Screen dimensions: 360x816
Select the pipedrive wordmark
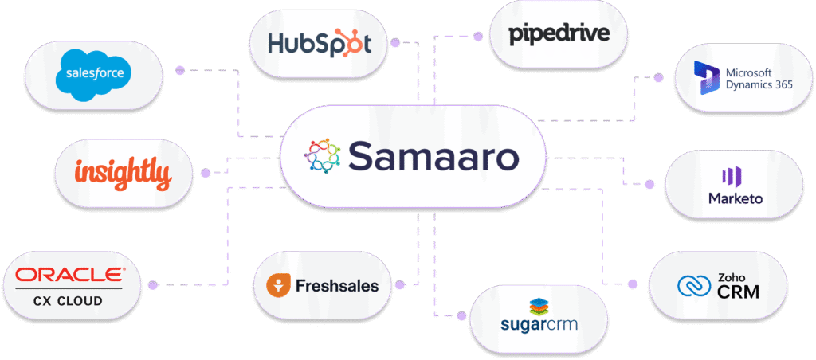tap(559, 33)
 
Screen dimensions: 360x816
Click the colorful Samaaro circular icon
tap(323, 155)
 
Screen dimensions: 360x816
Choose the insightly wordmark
tap(123, 172)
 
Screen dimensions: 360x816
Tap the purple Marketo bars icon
tap(731, 177)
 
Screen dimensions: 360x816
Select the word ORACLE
tap(70, 276)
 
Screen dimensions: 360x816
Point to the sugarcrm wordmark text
tap(539, 325)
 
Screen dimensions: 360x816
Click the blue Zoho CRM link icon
tap(691, 285)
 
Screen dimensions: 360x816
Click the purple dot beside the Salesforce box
tap(179, 70)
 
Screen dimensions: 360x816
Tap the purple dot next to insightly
tap(206, 172)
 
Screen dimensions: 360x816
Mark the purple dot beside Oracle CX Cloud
tap(153, 284)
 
